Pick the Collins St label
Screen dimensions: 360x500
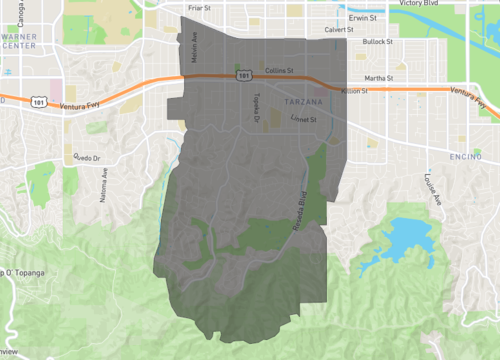(279, 71)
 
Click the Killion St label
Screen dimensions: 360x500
(355, 92)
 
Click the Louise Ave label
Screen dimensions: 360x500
(432, 191)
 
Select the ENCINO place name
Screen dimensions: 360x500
(466, 157)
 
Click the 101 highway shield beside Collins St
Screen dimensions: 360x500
(243, 75)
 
